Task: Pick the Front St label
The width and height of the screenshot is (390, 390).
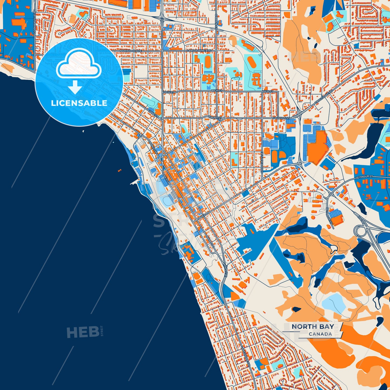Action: (215, 118)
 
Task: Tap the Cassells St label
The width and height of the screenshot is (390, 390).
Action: (281, 118)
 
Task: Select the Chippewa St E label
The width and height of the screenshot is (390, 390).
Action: (262, 162)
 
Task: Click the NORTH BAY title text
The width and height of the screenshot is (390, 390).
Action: (313, 327)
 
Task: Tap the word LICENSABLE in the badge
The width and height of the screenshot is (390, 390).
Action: (79, 103)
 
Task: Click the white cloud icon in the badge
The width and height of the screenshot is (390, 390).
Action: (79, 65)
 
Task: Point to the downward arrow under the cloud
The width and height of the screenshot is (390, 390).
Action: (75, 87)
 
